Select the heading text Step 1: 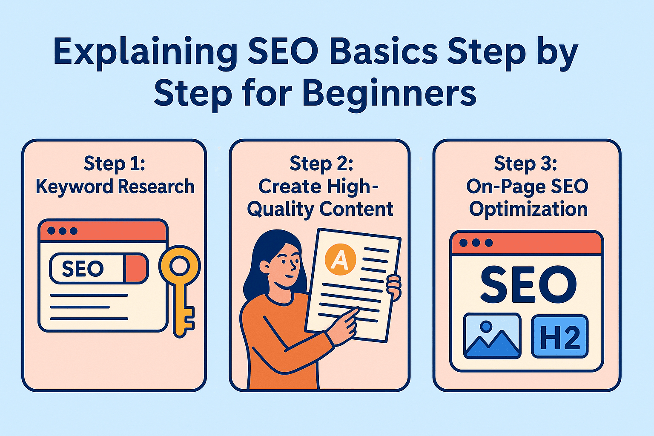coord(114,163)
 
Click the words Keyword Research coord(115,186)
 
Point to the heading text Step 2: coord(321,163)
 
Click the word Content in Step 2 coord(356,209)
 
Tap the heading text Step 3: coord(525,163)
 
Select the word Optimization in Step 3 coord(528,209)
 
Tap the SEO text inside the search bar coord(83,269)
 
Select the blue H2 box coord(560,336)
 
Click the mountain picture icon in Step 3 coord(492,336)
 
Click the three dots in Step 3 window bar coord(476,243)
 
